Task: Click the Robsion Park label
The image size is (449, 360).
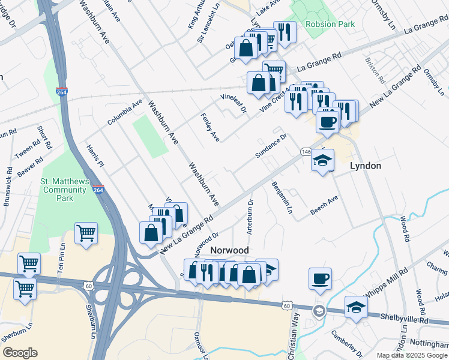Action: (x=330, y=25)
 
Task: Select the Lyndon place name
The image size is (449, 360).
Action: (x=366, y=166)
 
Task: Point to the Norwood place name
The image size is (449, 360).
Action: (x=229, y=250)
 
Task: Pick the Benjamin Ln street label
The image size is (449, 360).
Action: (x=282, y=198)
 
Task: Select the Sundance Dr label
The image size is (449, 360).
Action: (x=271, y=146)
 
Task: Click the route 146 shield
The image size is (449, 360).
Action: (x=306, y=152)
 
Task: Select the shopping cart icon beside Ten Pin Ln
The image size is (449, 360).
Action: (x=86, y=233)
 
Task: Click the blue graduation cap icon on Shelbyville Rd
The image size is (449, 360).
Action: (x=356, y=307)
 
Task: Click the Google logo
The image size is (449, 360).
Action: (x=20, y=353)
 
